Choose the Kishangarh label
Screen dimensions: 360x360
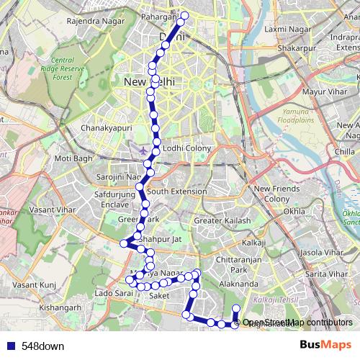coord(62,307)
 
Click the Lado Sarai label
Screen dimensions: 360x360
coord(114,294)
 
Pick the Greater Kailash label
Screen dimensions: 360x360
coord(222,220)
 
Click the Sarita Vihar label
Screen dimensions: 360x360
coord(323,274)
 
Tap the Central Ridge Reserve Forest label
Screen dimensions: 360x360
coord(73,69)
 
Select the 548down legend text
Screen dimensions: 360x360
coord(42,346)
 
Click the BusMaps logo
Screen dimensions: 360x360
coord(325,346)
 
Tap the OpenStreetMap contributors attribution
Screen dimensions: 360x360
coord(297,323)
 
